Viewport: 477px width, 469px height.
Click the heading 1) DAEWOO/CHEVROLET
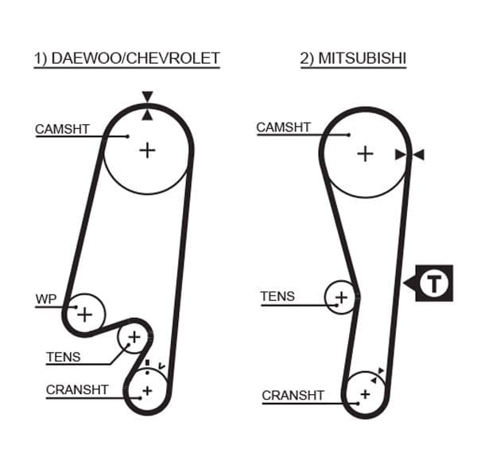(126, 58)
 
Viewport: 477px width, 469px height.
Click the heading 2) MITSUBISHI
(352, 58)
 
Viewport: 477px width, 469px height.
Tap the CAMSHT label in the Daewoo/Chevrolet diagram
(62, 128)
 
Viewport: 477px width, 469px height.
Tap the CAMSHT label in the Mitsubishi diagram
(283, 127)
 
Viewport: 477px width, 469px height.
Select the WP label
(45, 299)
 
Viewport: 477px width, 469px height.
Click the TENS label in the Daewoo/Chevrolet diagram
(63, 357)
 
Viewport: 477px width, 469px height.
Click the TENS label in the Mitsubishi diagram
(277, 296)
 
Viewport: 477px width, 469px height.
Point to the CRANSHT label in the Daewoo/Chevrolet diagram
(76, 389)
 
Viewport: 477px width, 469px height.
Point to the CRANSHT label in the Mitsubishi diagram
(293, 395)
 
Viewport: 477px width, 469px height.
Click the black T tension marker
(432, 283)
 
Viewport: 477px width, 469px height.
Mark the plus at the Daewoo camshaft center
(147, 149)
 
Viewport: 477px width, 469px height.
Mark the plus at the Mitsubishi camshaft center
(364, 153)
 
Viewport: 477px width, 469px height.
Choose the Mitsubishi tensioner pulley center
(341, 298)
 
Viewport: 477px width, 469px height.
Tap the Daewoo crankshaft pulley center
(146, 390)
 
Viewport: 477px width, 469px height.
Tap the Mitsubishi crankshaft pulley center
(365, 394)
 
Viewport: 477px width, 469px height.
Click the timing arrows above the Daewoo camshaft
(147, 105)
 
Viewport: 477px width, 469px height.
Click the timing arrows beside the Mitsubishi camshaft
(409, 154)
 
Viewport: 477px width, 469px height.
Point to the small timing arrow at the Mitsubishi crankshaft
(382, 371)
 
